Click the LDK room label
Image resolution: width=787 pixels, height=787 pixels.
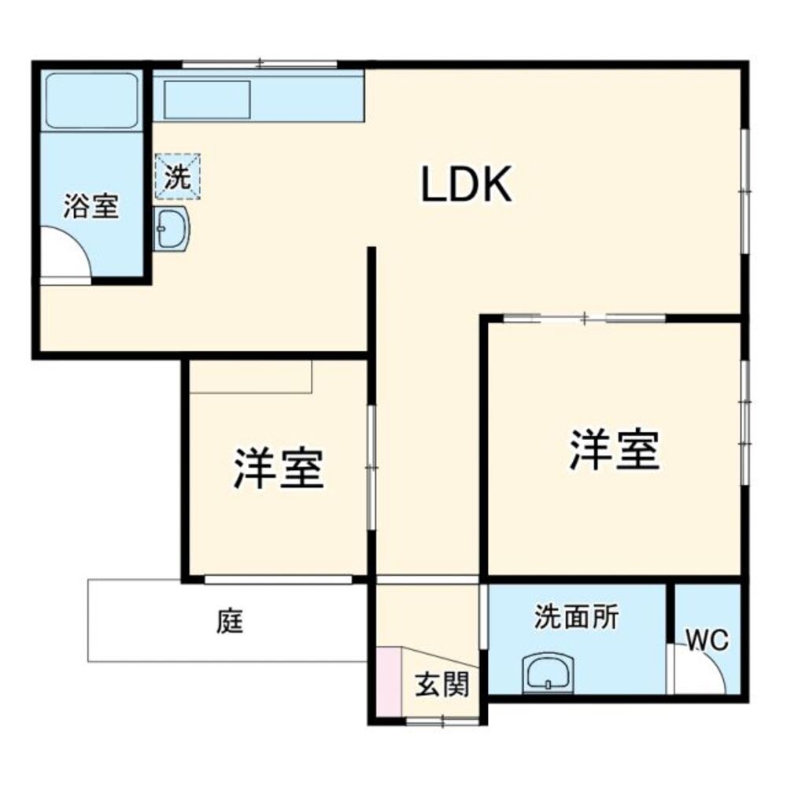coord(467,186)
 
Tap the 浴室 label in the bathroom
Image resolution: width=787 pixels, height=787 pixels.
coord(91,207)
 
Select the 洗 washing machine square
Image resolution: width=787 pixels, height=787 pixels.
coord(178,176)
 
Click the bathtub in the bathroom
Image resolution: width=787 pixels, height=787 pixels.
coord(92,100)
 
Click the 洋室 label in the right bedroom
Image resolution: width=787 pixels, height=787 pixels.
coord(615,449)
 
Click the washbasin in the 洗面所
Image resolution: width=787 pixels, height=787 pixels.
coord(550,671)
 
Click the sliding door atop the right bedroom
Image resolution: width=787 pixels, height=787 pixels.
coord(585,318)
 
